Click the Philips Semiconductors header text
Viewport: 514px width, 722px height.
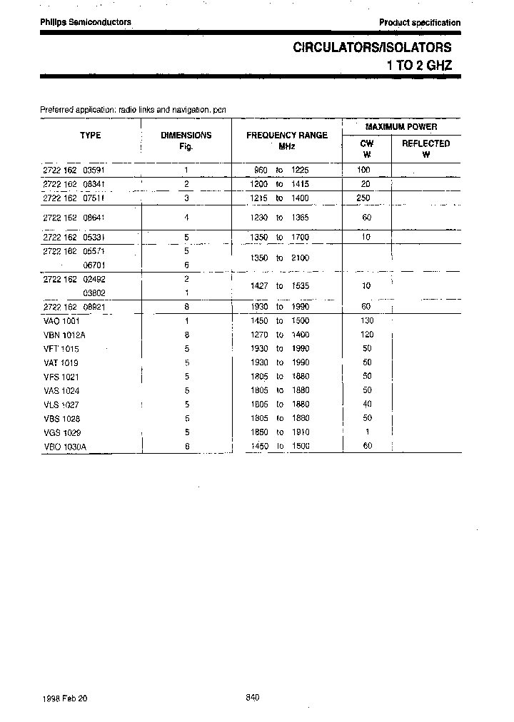(x=86, y=22)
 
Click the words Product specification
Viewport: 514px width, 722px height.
(x=420, y=23)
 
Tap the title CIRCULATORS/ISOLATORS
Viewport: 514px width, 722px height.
(x=372, y=48)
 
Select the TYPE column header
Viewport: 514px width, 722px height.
(x=90, y=135)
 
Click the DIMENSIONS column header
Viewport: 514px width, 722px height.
(x=186, y=135)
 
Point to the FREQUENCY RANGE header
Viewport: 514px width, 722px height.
(x=287, y=135)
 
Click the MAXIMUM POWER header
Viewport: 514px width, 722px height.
(x=401, y=126)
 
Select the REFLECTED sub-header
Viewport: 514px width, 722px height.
(x=426, y=143)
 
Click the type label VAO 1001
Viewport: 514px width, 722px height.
(x=61, y=321)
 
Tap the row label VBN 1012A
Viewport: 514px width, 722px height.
(x=64, y=335)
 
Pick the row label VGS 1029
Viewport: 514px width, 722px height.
(x=62, y=432)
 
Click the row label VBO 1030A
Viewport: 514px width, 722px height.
(x=65, y=447)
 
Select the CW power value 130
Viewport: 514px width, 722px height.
(x=367, y=321)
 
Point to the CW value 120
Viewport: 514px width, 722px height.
(x=367, y=335)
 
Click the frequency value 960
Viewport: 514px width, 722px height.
(x=260, y=171)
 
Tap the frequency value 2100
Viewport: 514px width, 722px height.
(x=300, y=258)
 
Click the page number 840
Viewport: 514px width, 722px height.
(x=252, y=697)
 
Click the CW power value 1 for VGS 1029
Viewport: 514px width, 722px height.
(x=367, y=432)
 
